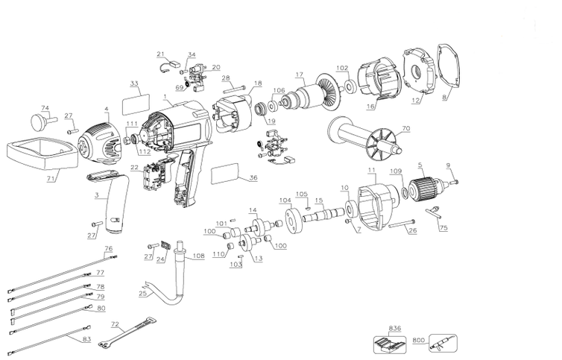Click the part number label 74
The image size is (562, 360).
click(x=45, y=108)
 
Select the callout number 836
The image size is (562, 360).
click(x=394, y=328)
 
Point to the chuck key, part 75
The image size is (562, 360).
click(x=435, y=212)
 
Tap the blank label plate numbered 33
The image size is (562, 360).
click(x=136, y=104)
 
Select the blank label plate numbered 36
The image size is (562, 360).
click(x=225, y=174)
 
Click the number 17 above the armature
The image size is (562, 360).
click(x=300, y=75)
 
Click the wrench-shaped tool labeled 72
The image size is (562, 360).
click(x=127, y=332)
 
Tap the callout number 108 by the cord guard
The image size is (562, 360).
click(x=199, y=256)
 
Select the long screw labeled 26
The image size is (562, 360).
click(x=402, y=223)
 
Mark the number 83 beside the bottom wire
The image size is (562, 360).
click(x=86, y=339)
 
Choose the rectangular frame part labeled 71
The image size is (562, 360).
click(x=43, y=154)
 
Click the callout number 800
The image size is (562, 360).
click(x=419, y=340)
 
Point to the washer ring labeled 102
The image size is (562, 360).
click(x=350, y=86)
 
